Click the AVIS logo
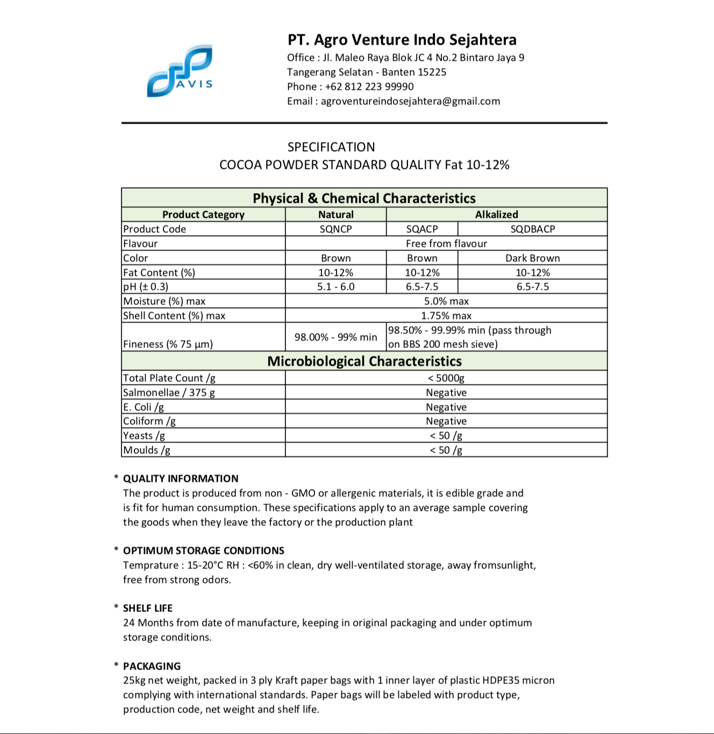[180, 71]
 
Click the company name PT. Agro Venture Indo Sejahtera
[402, 40]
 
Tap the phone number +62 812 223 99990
[369, 87]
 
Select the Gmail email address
[410, 101]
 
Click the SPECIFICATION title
[331, 147]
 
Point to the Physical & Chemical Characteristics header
[364, 198]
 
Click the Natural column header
[335, 215]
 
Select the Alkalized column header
[496, 215]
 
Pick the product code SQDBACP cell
[532, 229]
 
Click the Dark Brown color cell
[532, 258]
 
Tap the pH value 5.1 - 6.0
[335, 287]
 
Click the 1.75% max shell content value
[446, 316]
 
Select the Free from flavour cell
[446, 244]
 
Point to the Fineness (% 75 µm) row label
[168, 344]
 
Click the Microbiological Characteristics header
[364, 361]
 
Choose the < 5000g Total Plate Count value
[446, 378]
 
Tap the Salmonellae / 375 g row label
[169, 393]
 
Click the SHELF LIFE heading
[148, 608]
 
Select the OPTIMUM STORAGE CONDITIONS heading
[203, 551]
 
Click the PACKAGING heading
[152, 666]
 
